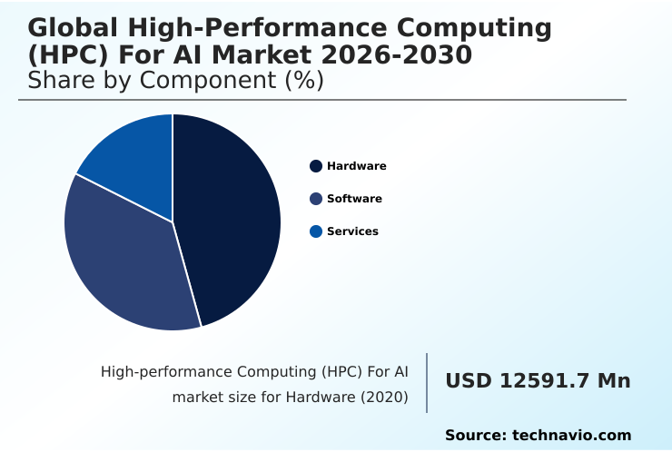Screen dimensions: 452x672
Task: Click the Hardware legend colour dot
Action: pyautogui.click(x=316, y=166)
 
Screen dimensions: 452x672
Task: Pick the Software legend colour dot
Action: pyautogui.click(x=316, y=199)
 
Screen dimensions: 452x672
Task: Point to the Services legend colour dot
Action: pyautogui.click(x=316, y=231)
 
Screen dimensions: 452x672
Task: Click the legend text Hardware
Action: pyautogui.click(x=357, y=166)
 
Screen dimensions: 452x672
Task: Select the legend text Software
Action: pyautogui.click(x=354, y=199)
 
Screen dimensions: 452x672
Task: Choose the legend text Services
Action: pyautogui.click(x=352, y=231)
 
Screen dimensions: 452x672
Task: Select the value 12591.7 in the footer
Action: pyautogui.click(x=543, y=381)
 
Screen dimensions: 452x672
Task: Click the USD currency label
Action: pyautogui.click(x=467, y=381)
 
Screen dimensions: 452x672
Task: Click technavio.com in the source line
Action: pyautogui.click(x=571, y=436)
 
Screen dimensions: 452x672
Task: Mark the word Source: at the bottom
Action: pyautogui.click(x=475, y=436)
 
